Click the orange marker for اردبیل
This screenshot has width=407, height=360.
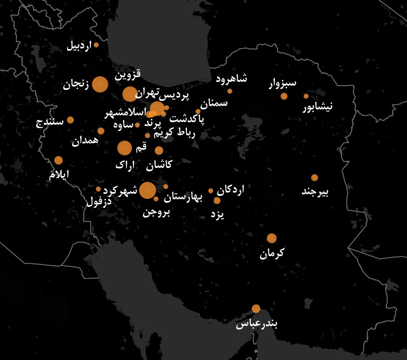click(x=96, y=45)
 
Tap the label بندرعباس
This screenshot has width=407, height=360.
click(x=256, y=324)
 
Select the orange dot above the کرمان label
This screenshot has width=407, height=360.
click(x=272, y=238)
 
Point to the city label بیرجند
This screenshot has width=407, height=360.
click(x=315, y=192)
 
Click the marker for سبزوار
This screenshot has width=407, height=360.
click(x=284, y=96)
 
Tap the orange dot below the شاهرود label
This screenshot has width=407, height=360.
click(x=230, y=91)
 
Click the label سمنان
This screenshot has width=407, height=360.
click(x=214, y=103)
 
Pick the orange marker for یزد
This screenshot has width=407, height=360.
click(x=217, y=201)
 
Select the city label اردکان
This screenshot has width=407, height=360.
click(x=230, y=190)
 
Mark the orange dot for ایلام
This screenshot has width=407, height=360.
click(x=59, y=160)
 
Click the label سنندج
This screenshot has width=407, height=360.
click(x=50, y=122)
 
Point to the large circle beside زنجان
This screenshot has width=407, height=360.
click(x=100, y=84)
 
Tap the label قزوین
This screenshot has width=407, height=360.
click(x=128, y=75)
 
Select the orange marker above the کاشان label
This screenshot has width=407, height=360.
click(x=159, y=151)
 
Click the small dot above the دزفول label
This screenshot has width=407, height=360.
click(x=98, y=189)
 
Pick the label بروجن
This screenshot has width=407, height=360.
click(x=156, y=212)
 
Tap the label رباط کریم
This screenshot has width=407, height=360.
click(x=174, y=134)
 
